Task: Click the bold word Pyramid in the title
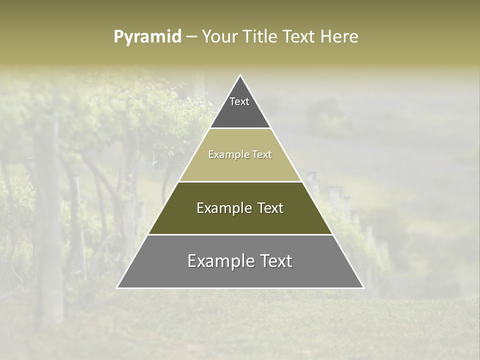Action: pyautogui.click(x=147, y=37)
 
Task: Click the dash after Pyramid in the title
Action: pyautogui.click(x=191, y=37)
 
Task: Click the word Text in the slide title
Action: pyautogui.click(x=298, y=37)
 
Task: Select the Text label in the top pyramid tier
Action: pyautogui.click(x=239, y=101)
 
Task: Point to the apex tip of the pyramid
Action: pyautogui.click(x=240, y=75)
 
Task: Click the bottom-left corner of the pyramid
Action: pyautogui.click(x=117, y=287)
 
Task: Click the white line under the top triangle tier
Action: pyautogui.click(x=240, y=128)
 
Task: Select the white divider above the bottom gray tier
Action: pyautogui.click(x=240, y=234)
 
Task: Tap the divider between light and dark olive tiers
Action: pyautogui.click(x=240, y=181)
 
